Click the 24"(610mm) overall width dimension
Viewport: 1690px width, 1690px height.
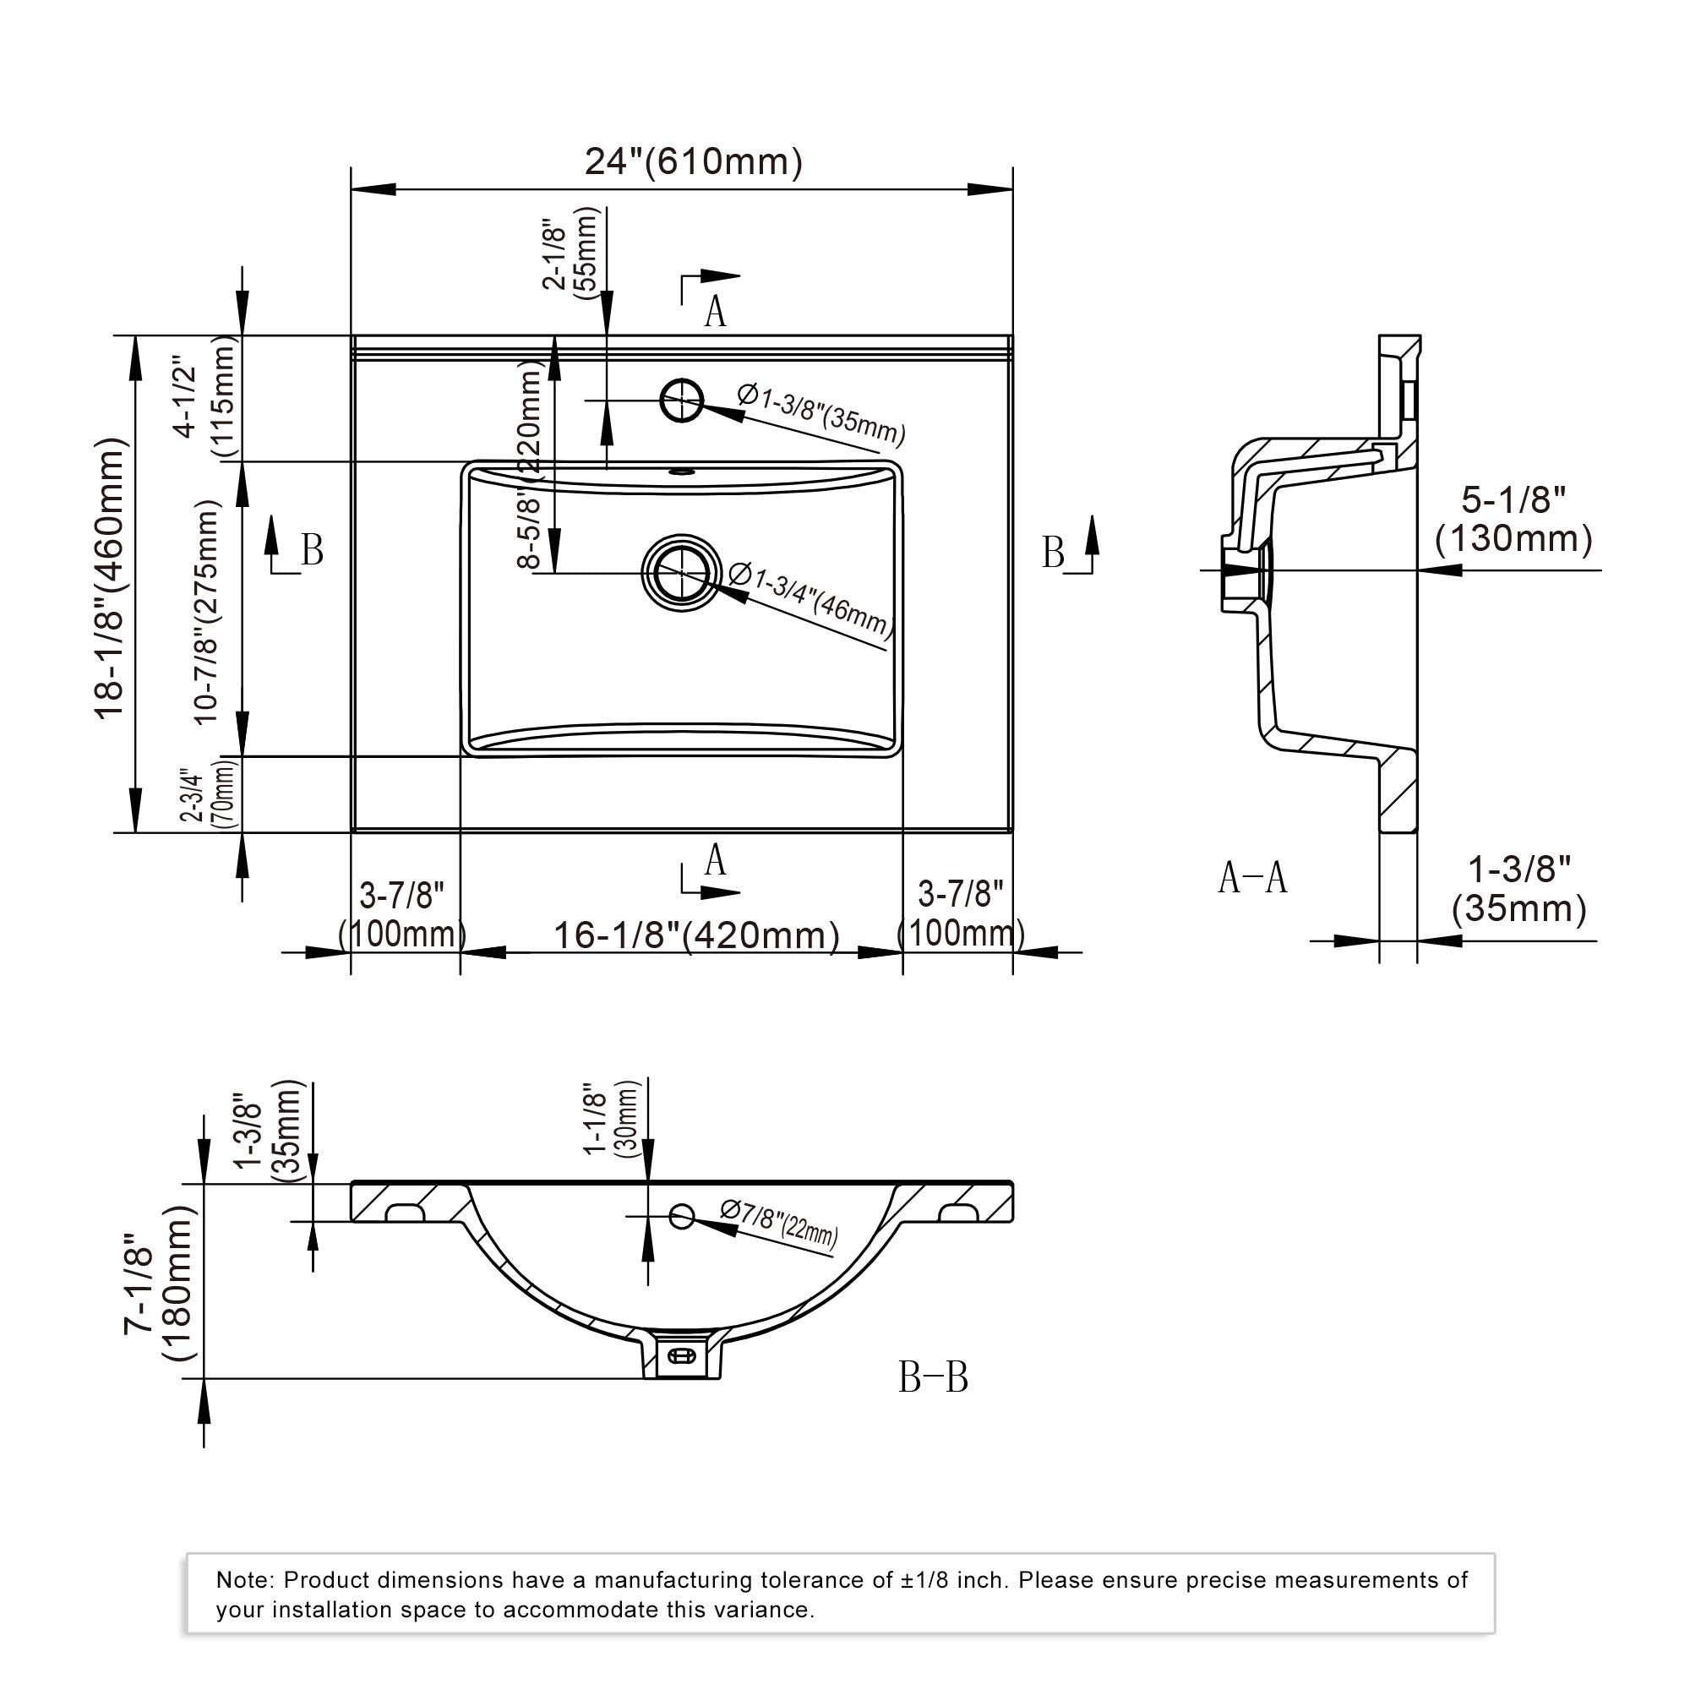coord(693,162)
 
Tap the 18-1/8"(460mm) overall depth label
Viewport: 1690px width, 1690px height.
coord(112,578)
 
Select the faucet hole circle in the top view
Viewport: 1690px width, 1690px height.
coord(681,400)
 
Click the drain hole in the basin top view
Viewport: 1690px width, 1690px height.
coord(681,572)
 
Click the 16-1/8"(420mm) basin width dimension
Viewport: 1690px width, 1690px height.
coord(696,935)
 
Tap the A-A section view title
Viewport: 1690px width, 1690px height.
coord(1252,877)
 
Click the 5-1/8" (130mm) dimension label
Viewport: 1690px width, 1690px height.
coord(1514,519)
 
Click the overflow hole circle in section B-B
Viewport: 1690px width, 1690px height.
coord(681,1215)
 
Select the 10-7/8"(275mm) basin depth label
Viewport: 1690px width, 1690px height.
coord(205,613)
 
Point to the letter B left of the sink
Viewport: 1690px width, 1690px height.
coord(312,551)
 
